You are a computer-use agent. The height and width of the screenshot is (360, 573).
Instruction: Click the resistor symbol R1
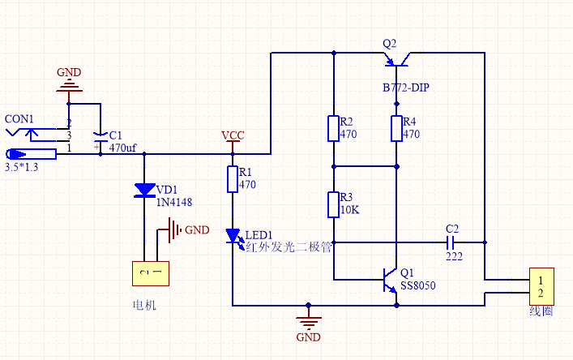tap(233, 179)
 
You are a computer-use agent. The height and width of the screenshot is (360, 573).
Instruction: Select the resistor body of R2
tap(333, 128)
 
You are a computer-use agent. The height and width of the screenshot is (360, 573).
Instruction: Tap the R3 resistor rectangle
tap(333, 204)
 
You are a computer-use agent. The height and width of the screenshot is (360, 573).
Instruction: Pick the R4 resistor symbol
tap(396, 128)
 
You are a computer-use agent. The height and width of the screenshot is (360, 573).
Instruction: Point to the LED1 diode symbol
tap(234, 238)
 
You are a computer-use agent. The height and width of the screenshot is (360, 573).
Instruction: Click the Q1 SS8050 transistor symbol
tap(391, 281)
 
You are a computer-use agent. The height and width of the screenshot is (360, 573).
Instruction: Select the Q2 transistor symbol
tap(396, 59)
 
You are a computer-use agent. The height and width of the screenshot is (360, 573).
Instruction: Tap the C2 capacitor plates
tap(451, 242)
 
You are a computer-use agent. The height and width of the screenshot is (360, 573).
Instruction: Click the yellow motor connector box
tap(151, 273)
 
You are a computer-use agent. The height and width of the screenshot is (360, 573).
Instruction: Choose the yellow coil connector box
tap(541, 286)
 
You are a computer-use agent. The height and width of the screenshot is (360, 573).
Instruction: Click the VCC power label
tap(233, 135)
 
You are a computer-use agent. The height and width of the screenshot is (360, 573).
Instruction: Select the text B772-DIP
tap(406, 88)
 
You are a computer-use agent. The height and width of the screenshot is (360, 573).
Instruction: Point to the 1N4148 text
tap(174, 202)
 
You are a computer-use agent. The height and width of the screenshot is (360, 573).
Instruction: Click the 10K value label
tap(350, 210)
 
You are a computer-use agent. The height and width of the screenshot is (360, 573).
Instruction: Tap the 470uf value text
tap(123, 148)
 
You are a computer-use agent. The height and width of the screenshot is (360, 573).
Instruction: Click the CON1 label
tap(19, 118)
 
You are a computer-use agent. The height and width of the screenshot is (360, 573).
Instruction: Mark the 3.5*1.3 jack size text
tap(21, 167)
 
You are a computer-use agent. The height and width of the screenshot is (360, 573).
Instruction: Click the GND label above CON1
tap(69, 72)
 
